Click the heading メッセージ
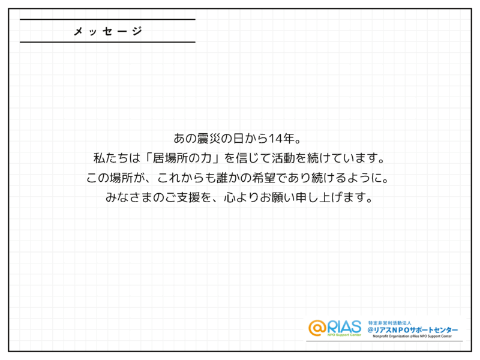pos(107,31)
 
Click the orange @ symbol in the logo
pos(318,328)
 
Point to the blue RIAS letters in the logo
pos(344,326)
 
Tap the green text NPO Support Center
pos(344,336)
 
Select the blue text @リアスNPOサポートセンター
pos(413,330)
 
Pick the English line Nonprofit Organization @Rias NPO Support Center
pos(414,337)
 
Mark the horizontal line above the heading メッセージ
pos(107,20)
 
